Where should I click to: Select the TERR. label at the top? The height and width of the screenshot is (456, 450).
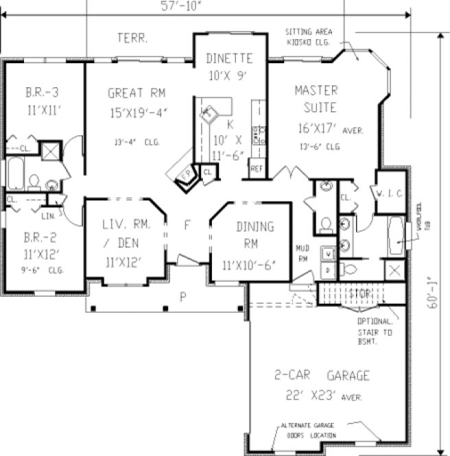tap(132, 38)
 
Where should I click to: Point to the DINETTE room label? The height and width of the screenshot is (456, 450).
tap(228, 58)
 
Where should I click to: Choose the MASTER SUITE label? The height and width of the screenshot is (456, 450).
tap(316, 99)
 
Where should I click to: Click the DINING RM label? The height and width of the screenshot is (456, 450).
tap(254, 235)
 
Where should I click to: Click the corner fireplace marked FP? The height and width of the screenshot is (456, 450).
tap(185, 175)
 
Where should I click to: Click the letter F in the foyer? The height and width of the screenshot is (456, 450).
tap(187, 225)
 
